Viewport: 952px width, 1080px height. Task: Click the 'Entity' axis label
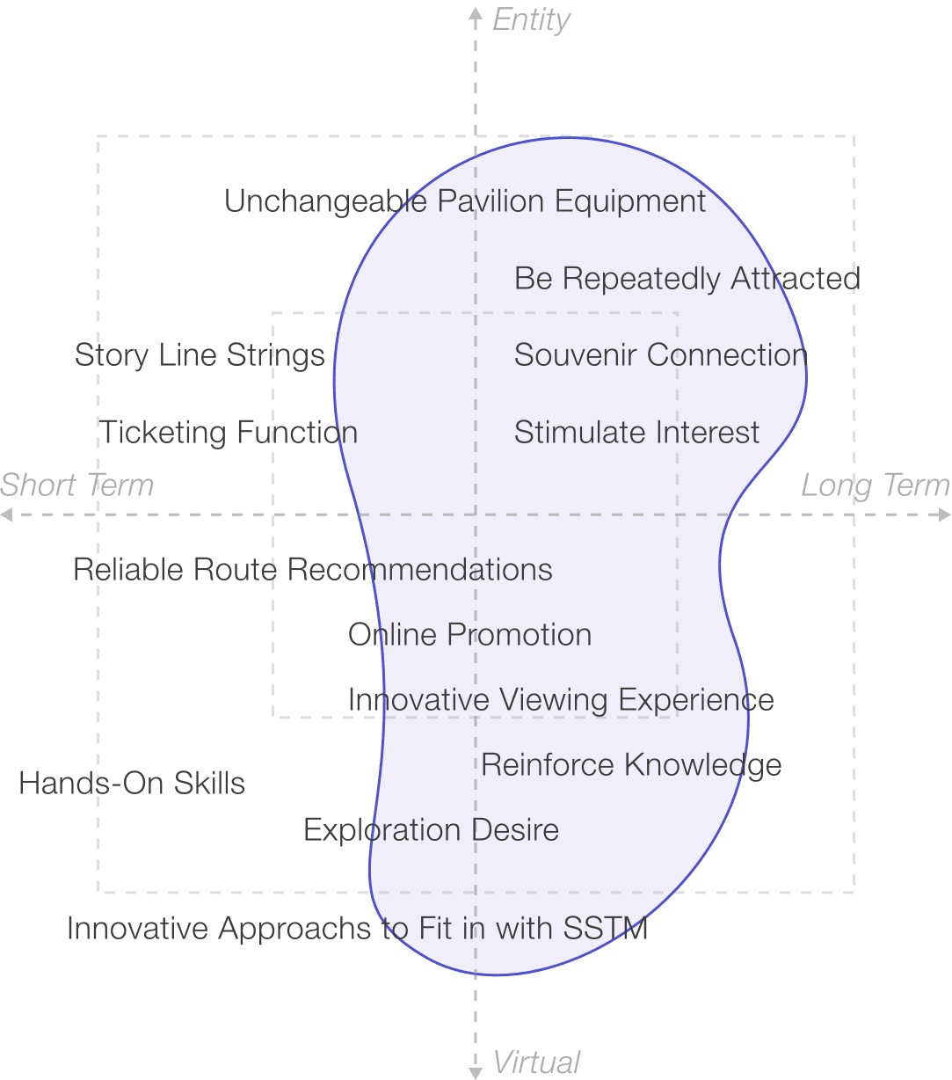pyautogui.click(x=531, y=20)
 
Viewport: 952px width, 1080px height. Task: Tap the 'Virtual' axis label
pyautogui.click(x=536, y=1062)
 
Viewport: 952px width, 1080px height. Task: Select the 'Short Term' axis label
pyautogui.click(x=76, y=485)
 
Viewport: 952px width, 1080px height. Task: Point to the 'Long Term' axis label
pyautogui.click(x=875, y=485)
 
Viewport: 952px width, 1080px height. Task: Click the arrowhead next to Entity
pyautogui.click(x=476, y=12)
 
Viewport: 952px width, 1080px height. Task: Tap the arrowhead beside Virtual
pyautogui.click(x=476, y=1072)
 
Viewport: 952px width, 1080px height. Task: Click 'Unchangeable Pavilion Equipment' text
pyautogui.click(x=465, y=202)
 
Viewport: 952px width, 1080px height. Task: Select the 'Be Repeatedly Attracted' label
pyautogui.click(x=687, y=279)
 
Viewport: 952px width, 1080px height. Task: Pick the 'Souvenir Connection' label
pyautogui.click(x=660, y=355)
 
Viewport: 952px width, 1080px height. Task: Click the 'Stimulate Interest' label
pyautogui.click(x=636, y=433)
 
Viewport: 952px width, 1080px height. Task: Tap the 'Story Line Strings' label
pyautogui.click(x=200, y=355)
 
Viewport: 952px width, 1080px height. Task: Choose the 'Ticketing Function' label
pyautogui.click(x=229, y=433)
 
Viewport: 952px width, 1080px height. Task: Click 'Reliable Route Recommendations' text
pyautogui.click(x=313, y=570)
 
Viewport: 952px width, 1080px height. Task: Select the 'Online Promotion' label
pyautogui.click(x=469, y=635)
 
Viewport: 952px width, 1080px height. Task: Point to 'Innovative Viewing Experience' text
pyautogui.click(x=561, y=700)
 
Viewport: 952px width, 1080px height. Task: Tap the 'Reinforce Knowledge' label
pyautogui.click(x=631, y=765)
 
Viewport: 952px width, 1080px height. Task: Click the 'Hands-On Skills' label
pyautogui.click(x=132, y=784)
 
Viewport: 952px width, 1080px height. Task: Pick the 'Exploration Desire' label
pyautogui.click(x=431, y=830)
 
